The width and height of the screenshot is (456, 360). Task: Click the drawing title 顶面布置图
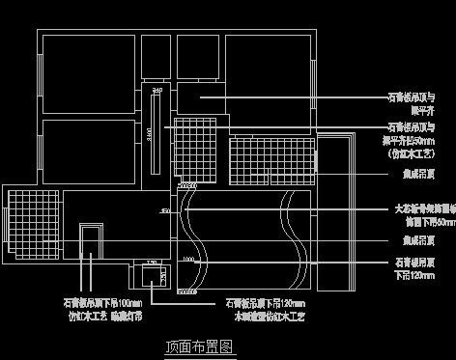tap(201, 346)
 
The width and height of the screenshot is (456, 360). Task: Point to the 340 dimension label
tap(157, 89)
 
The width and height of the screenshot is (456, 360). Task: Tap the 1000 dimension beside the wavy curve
tap(187, 261)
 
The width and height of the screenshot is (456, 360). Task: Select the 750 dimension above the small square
tap(150, 263)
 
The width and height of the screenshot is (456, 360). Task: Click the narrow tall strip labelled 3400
tap(154, 130)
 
